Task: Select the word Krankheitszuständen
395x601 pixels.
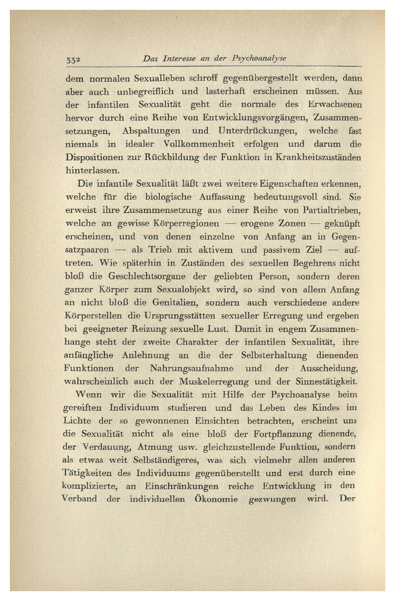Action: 317,157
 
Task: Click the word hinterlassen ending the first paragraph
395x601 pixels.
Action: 93,170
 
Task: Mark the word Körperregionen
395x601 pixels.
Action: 186,223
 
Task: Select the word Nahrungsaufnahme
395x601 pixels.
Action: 191,368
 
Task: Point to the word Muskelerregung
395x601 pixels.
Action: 214,381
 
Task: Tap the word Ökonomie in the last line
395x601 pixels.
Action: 216,499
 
